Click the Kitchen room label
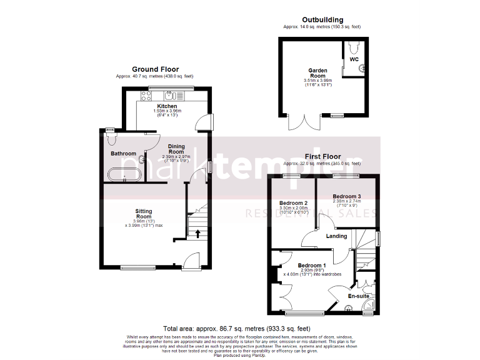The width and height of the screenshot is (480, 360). click(158, 106)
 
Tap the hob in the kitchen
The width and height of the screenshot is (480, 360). click(146, 95)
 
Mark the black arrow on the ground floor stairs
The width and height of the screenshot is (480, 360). click(197, 233)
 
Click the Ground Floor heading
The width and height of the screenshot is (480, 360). click(155, 69)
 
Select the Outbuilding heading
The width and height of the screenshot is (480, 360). click(322, 20)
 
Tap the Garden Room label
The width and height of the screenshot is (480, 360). click(317, 72)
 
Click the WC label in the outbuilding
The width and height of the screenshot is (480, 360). click(354, 59)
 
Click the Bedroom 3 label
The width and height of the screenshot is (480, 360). click(347, 196)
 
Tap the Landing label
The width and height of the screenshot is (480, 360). click(337, 236)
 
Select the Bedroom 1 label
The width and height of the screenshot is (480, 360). click(312, 265)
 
